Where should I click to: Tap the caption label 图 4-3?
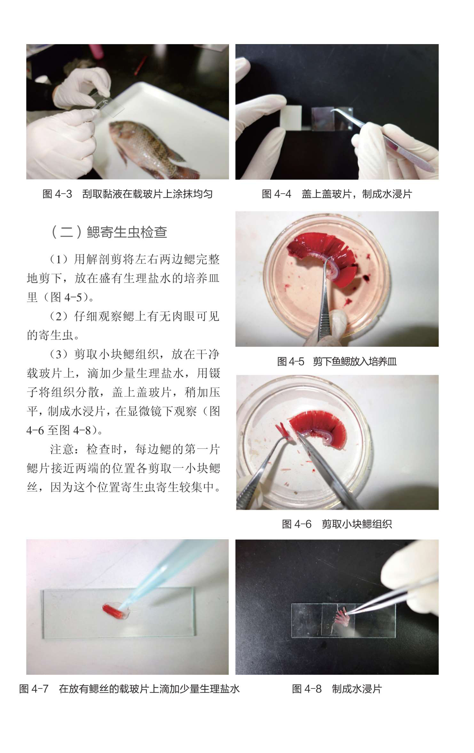pyautogui.click(x=57, y=194)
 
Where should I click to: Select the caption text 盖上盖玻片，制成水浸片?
pyautogui.click(x=357, y=194)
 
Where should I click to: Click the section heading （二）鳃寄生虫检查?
pyautogui.click(x=109, y=232)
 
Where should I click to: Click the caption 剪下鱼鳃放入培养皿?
pyautogui.click(x=355, y=361)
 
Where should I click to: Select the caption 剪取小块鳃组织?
pyautogui.click(x=357, y=524)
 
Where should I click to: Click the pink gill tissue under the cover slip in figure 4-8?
pyautogui.click(x=343, y=616)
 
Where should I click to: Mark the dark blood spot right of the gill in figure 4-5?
pyautogui.click(x=366, y=278)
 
